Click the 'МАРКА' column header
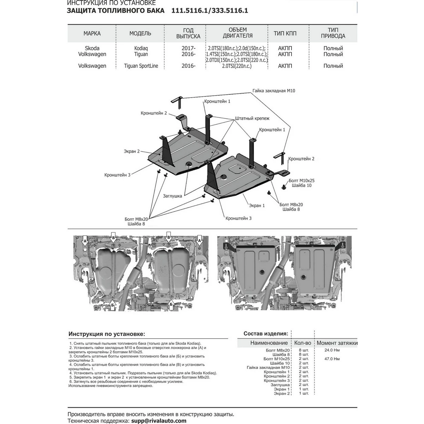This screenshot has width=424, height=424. [92, 33]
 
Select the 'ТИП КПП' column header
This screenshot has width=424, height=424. [285, 33]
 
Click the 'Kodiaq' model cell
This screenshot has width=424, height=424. [141, 48]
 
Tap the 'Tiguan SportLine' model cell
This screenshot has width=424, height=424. [141, 66]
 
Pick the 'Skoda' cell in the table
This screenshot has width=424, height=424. [92, 48]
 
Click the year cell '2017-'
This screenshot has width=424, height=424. [188, 48]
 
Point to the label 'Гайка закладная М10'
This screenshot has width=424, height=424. [273, 91]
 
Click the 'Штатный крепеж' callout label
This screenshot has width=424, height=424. [252, 118]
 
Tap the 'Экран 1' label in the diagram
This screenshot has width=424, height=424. [257, 205]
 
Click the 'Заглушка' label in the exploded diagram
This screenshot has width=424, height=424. [172, 196]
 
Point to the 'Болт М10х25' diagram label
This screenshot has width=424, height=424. [301, 181]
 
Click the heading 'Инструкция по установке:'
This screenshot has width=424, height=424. [107, 334]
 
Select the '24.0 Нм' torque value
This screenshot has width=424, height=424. [332, 350]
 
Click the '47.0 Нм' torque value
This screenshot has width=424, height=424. [332, 359]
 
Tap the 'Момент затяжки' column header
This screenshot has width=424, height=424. [337, 343]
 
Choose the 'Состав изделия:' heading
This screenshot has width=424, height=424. [266, 334]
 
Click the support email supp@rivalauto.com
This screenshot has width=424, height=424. [158, 420]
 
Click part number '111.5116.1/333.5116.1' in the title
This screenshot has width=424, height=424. [210, 11]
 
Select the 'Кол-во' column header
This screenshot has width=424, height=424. [302, 343]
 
